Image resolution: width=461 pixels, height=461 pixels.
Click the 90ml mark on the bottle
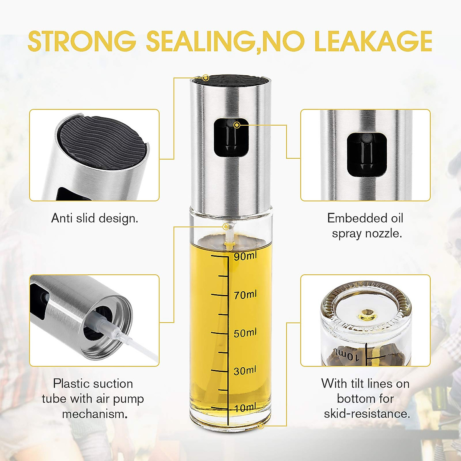click(x=245, y=256)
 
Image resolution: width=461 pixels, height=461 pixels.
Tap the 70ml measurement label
click(x=245, y=295)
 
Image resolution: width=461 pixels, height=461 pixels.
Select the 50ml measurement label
click(x=245, y=333)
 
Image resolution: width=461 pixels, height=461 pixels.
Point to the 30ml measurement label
click(x=245, y=371)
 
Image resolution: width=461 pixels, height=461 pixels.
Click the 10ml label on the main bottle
click(x=245, y=408)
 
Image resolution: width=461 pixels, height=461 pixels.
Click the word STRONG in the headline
click(x=82, y=41)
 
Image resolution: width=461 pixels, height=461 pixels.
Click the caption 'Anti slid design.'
click(x=95, y=218)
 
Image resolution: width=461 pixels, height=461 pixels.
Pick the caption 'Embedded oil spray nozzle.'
click(x=365, y=226)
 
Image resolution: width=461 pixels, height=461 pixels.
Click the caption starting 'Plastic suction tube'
click(x=93, y=398)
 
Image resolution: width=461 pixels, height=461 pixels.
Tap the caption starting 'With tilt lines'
click(x=365, y=398)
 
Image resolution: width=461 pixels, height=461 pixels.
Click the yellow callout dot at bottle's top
click(x=206, y=78)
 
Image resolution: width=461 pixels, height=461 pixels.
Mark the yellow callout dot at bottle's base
click(x=261, y=426)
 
